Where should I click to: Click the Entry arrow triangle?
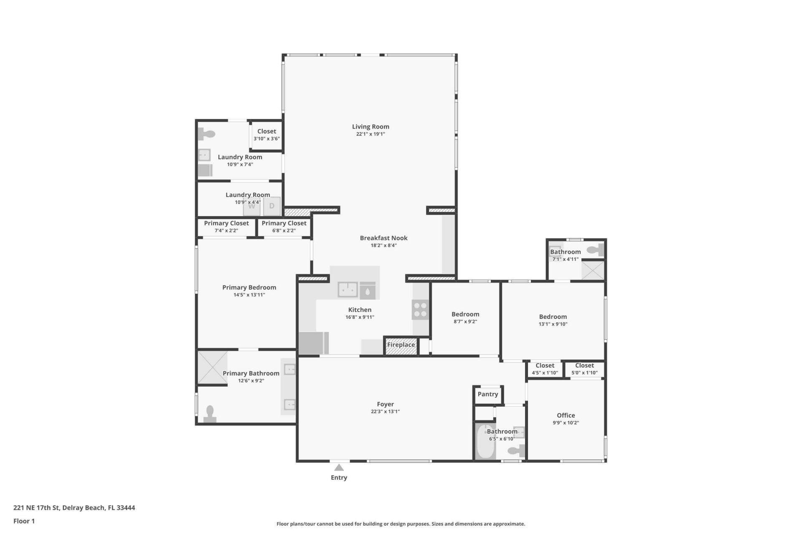click(x=339, y=467)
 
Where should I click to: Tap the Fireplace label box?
click(x=401, y=345)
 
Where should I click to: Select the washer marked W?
click(x=251, y=206)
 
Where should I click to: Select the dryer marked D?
click(x=272, y=206)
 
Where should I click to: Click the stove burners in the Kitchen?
click(x=420, y=310)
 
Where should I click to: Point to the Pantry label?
click(x=487, y=394)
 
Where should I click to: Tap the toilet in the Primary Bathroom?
click(x=210, y=414)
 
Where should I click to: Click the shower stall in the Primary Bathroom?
click(x=212, y=367)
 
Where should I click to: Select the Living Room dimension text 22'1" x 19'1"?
click(x=370, y=134)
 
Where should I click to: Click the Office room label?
click(x=566, y=415)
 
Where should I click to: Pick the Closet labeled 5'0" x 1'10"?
click(x=584, y=369)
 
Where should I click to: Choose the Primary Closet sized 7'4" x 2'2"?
click(x=226, y=227)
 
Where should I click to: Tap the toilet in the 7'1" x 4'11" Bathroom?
click(x=595, y=250)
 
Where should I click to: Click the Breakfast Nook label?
click(x=383, y=238)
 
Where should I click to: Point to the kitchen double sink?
click(x=348, y=289)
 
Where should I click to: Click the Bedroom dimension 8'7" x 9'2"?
click(x=465, y=321)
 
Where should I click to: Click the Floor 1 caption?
click(x=24, y=521)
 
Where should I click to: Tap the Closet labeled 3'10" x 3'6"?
click(x=266, y=135)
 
